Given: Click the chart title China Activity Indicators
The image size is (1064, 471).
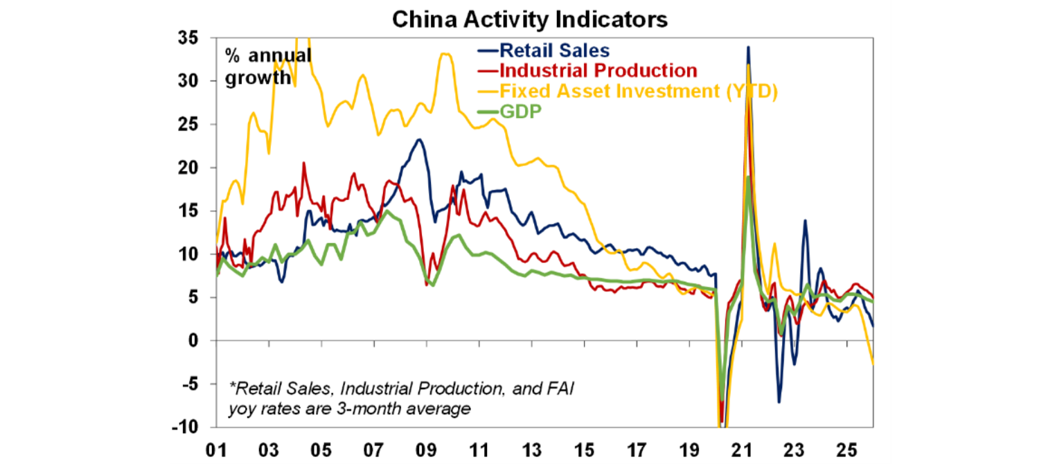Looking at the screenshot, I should click(530, 19).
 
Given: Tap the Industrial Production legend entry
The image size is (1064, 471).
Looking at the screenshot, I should click(597, 71).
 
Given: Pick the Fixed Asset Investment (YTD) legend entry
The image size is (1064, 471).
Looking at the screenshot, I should click(637, 91).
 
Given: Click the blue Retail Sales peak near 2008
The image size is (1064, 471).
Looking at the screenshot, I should click(418, 140).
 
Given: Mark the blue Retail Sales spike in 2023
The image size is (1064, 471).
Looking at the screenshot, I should click(804, 221).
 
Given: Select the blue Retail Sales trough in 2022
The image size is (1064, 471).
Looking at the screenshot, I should click(779, 402).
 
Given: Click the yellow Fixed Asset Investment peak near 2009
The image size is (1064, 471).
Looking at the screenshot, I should click(445, 54).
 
